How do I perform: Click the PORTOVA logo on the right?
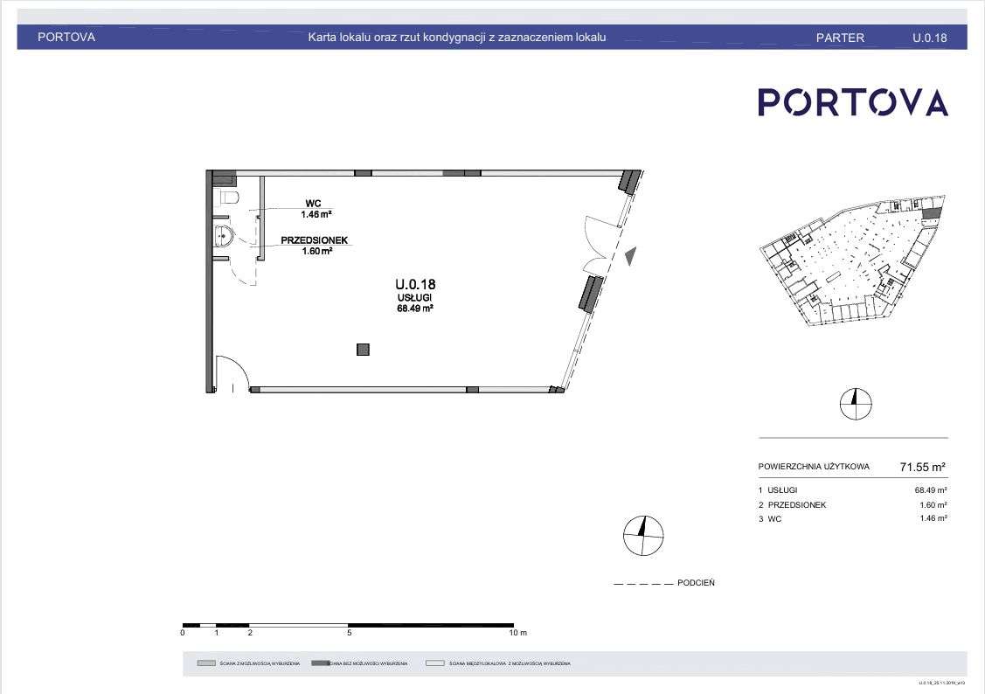(x=852, y=102)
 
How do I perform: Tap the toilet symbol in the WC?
(x=229, y=198)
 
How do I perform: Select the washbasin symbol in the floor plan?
(x=224, y=234)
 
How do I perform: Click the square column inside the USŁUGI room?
(x=363, y=350)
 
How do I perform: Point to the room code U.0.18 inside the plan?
(x=415, y=284)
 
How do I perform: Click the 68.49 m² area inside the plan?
(x=415, y=308)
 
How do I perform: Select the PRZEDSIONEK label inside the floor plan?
(x=315, y=239)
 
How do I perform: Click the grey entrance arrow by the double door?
(x=631, y=256)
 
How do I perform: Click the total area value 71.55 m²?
(x=923, y=467)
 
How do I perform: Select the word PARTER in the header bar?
(x=840, y=38)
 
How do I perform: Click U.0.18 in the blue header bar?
(x=929, y=38)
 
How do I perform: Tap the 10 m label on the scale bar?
(x=518, y=632)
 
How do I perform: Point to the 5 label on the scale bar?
(x=349, y=632)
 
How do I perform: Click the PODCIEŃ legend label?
(x=696, y=583)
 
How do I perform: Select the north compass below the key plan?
(x=856, y=403)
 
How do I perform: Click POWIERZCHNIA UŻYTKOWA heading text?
(x=814, y=467)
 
